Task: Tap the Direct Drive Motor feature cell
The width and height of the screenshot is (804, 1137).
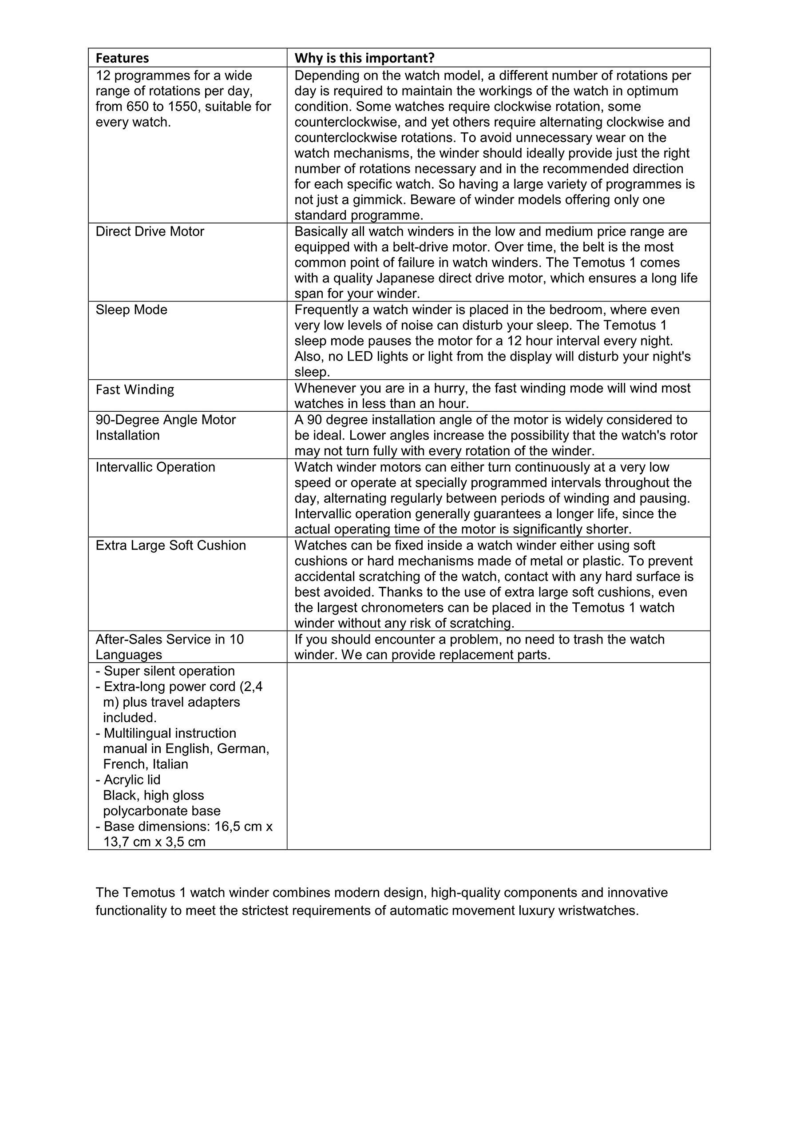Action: pyautogui.click(x=150, y=231)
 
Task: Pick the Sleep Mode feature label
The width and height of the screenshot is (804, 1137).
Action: pyautogui.click(x=131, y=310)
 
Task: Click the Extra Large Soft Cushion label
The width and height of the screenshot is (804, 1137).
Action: pyautogui.click(x=170, y=545)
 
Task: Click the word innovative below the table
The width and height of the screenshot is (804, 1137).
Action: pyautogui.click(x=637, y=892)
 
